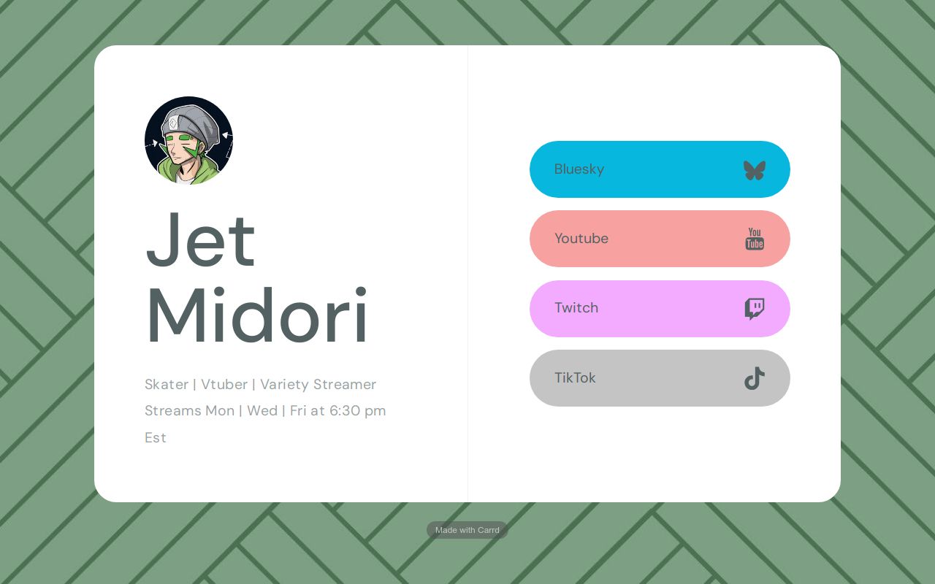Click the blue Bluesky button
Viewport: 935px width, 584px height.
click(x=660, y=169)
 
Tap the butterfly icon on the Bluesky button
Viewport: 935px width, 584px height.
click(x=755, y=170)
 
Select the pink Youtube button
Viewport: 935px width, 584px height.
click(x=660, y=239)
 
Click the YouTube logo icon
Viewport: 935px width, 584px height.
click(x=755, y=239)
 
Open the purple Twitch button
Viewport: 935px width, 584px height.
click(x=660, y=309)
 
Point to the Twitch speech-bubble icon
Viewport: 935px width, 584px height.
click(x=755, y=309)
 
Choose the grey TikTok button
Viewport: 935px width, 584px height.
click(x=660, y=378)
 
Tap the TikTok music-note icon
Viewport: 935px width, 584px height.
click(x=755, y=379)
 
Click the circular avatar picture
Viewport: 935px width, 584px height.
click(x=188, y=141)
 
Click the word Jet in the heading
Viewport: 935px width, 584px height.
click(x=200, y=240)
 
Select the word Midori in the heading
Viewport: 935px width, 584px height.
click(x=256, y=315)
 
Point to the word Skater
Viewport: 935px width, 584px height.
click(x=167, y=384)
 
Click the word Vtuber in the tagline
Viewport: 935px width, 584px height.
click(x=224, y=384)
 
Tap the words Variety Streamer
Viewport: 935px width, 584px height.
click(x=318, y=385)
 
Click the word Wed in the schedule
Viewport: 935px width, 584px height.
click(x=262, y=410)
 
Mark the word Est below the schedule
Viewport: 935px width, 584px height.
click(x=156, y=437)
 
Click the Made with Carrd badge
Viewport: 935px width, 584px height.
click(x=467, y=530)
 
